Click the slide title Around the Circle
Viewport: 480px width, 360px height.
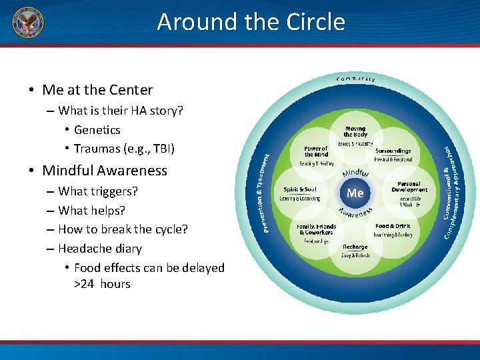pyautogui.click(x=251, y=22)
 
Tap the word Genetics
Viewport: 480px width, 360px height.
pyautogui.click(x=97, y=129)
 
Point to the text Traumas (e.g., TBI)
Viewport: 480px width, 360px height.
pyautogui.click(x=124, y=148)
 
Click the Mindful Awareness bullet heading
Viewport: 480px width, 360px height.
pyautogui.click(x=105, y=171)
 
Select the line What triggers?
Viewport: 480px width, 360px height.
pyautogui.click(x=98, y=191)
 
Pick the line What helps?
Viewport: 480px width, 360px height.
pyautogui.click(x=91, y=211)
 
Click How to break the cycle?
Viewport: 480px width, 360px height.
pyautogui.click(x=123, y=229)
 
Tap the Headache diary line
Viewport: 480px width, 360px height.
pyautogui.click(x=100, y=249)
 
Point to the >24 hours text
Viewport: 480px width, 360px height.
pyautogui.click(x=102, y=284)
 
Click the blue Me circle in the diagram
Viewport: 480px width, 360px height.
pyautogui.click(x=355, y=193)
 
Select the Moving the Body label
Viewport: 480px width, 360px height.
pyautogui.click(x=355, y=131)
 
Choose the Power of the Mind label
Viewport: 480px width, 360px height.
pyautogui.click(x=315, y=151)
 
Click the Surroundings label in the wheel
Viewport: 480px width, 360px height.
pyautogui.click(x=393, y=151)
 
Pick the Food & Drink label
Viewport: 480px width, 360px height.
pyautogui.click(x=393, y=226)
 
